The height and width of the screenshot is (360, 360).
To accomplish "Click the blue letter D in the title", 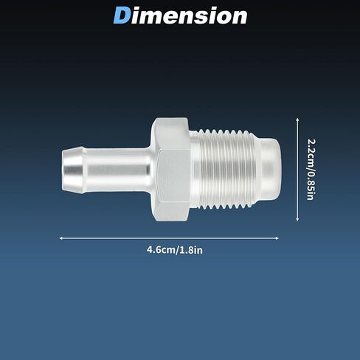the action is (122, 15).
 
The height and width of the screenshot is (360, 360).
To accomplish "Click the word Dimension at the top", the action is (180, 15).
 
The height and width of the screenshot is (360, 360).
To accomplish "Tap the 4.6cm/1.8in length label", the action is (175, 250).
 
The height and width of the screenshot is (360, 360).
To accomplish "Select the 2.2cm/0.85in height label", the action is (311, 170).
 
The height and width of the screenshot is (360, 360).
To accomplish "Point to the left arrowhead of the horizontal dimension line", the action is (61, 238).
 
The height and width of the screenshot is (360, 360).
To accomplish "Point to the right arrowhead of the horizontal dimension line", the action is (277, 238).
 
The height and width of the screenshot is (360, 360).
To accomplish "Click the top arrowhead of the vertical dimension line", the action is (297, 120).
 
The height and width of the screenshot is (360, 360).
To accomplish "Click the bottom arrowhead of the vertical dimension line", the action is (297, 219).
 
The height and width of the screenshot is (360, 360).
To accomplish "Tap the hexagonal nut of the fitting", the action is (170, 170).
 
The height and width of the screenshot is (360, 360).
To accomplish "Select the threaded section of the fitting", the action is (223, 170).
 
